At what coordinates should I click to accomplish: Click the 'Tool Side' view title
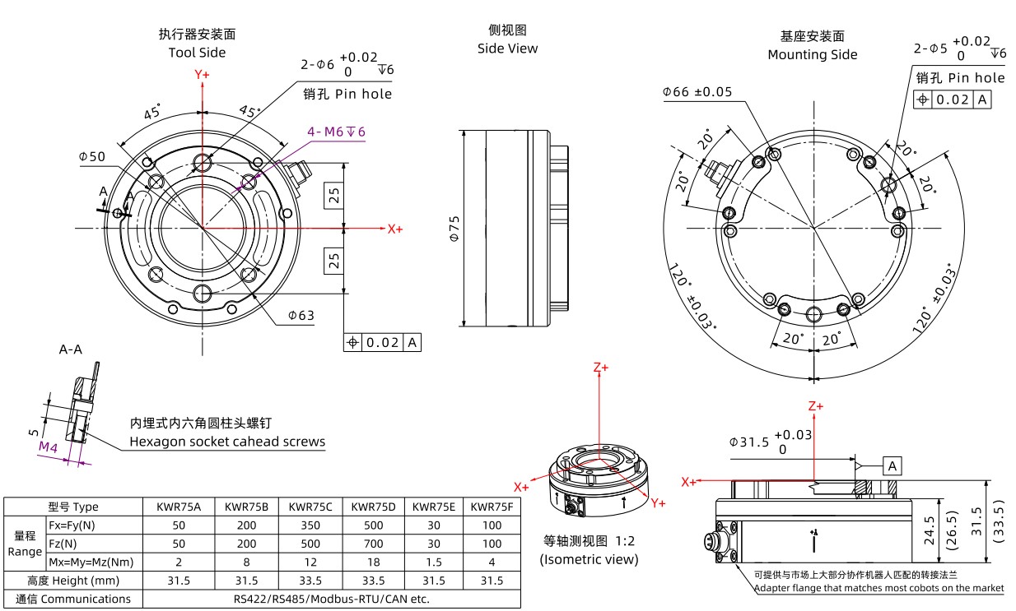(x=197, y=53)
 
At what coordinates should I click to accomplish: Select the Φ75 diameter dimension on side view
(x=453, y=228)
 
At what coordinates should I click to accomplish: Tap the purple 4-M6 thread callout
(x=336, y=132)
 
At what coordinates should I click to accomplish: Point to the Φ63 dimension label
(x=301, y=315)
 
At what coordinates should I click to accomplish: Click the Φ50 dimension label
(x=92, y=156)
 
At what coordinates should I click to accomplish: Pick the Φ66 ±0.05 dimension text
(x=697, y=92)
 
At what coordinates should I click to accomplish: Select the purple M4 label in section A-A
(x=48, y=447)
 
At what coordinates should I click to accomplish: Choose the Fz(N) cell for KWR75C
(x=310, y=544)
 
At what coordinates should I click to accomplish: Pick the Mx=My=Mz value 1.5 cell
(x=434, y=562)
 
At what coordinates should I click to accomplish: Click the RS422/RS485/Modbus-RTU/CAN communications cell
(x=331, y=599)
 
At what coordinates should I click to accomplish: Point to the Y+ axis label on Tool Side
(x=202, y=74)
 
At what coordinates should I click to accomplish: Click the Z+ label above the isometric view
(x=601, y=368)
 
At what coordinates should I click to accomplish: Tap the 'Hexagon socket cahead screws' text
(x=227, y=442)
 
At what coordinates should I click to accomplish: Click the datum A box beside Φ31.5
(x=892, y=466)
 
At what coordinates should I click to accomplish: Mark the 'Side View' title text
(x=507, y=49)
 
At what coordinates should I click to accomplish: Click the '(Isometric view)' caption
(x=589, y=559)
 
